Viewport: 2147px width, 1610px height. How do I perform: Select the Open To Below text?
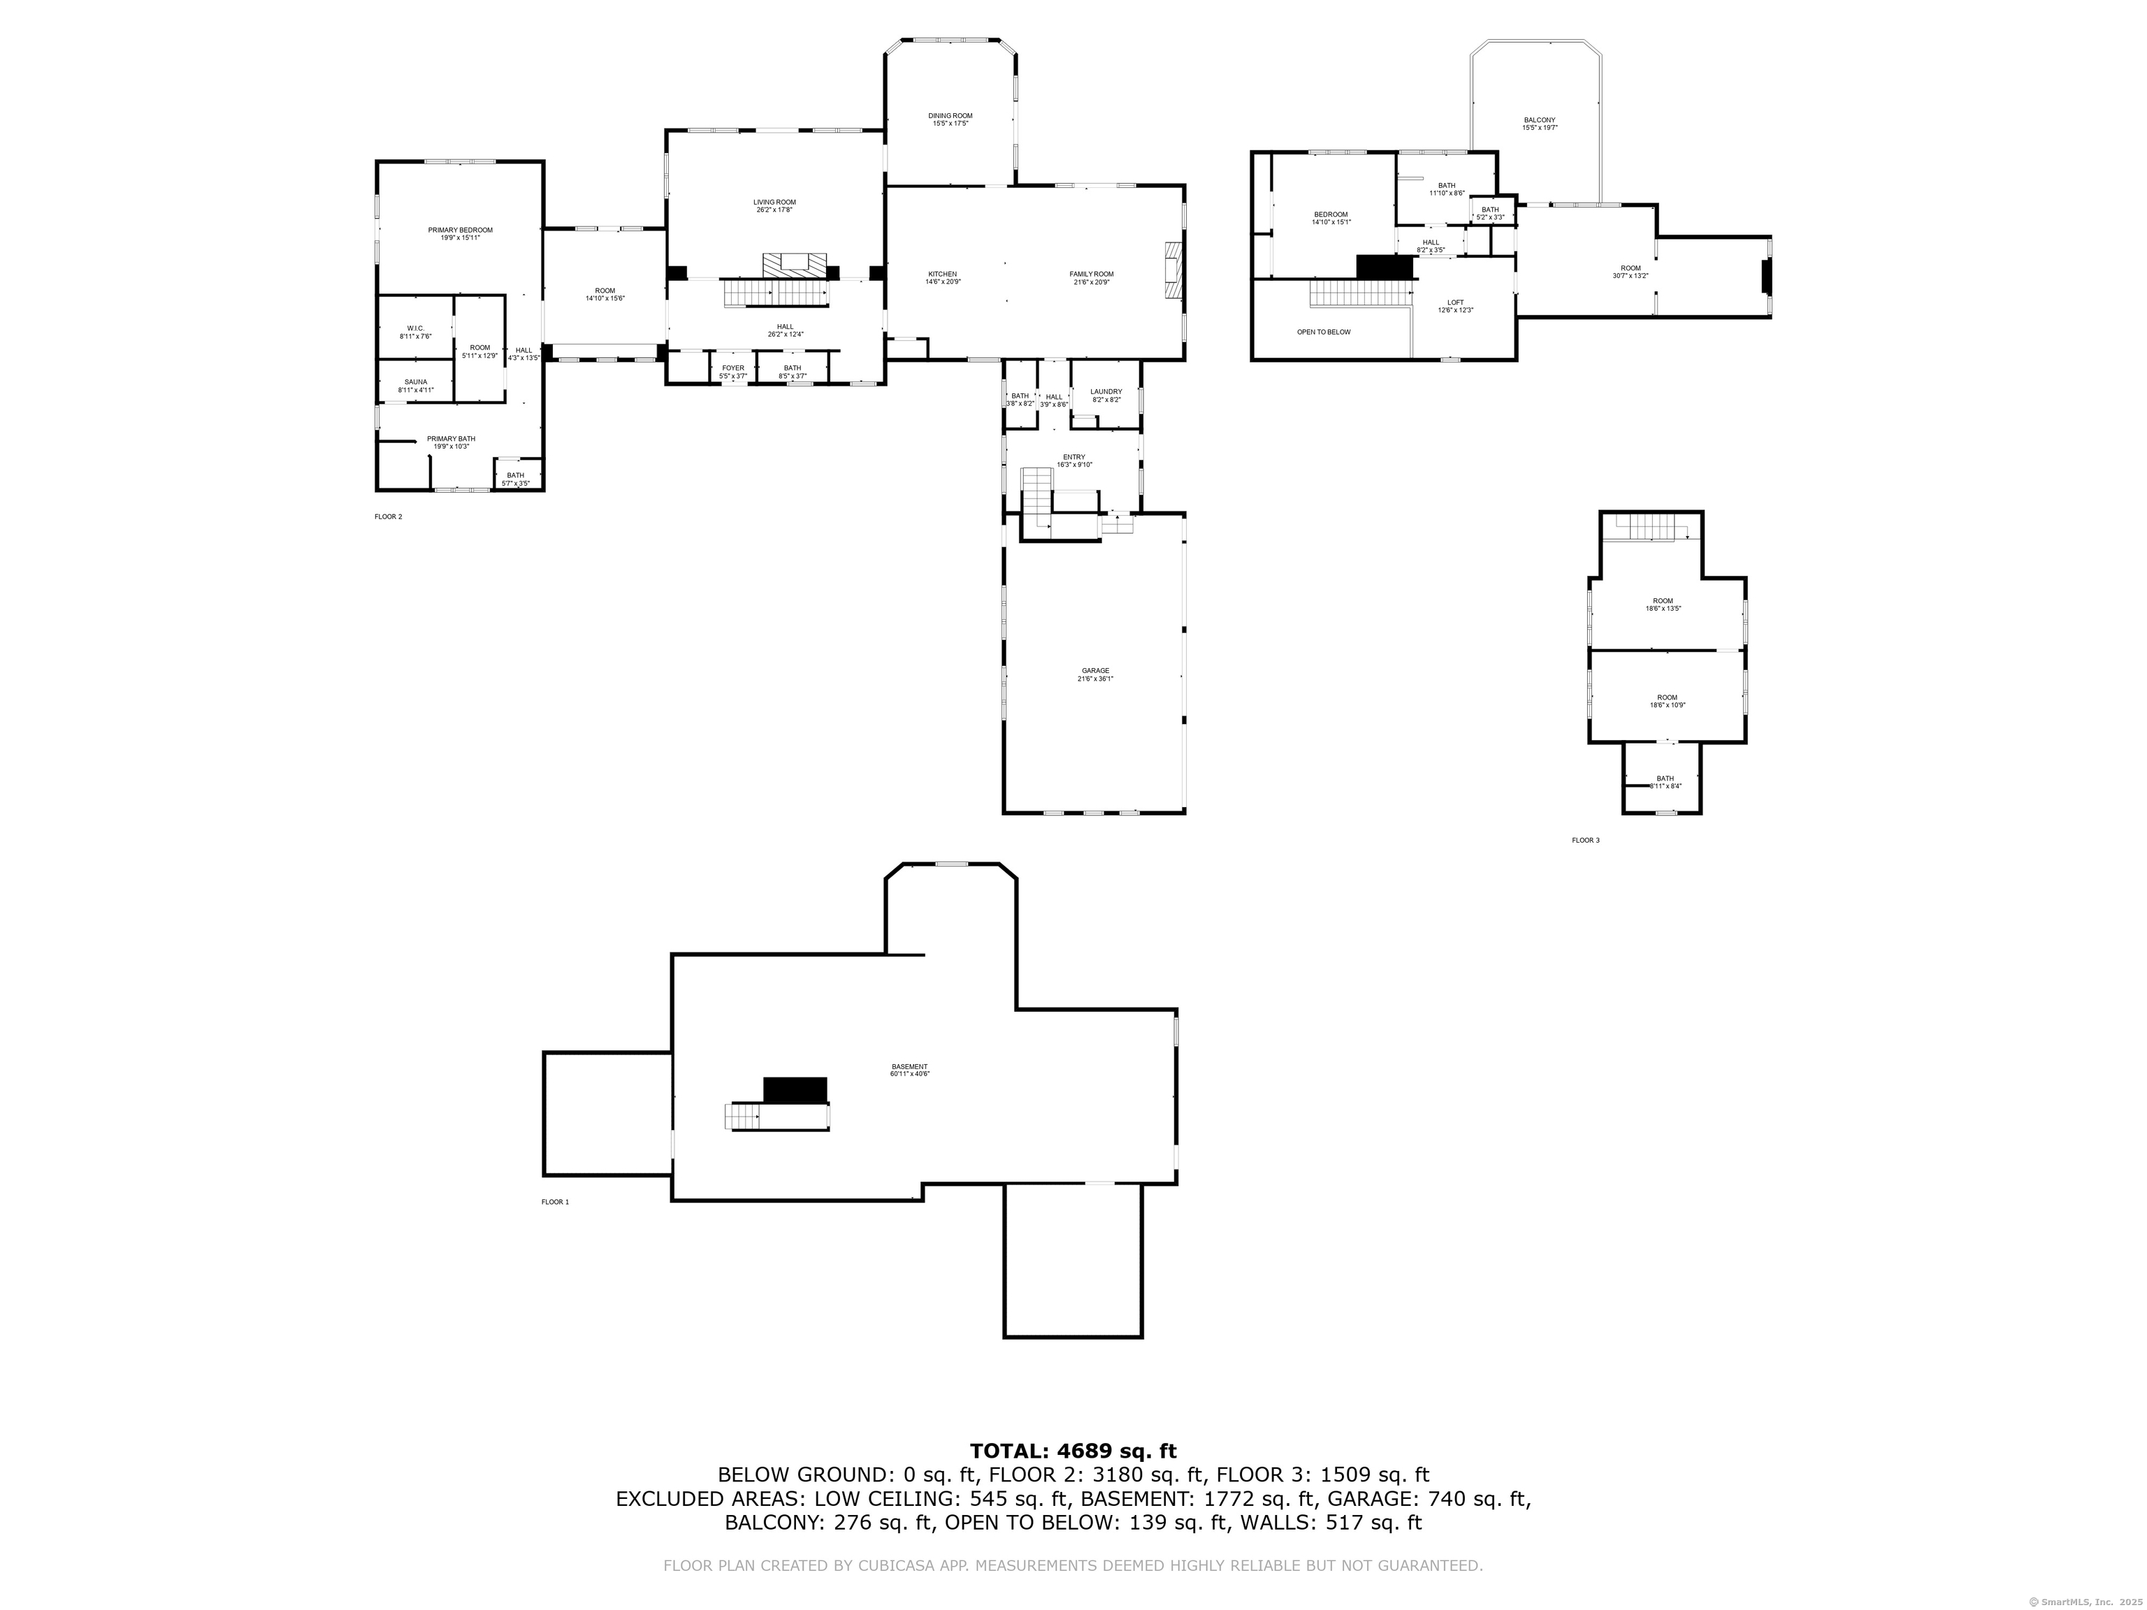coord(1323,332)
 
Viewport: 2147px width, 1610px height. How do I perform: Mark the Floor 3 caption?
coord(1585,841)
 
